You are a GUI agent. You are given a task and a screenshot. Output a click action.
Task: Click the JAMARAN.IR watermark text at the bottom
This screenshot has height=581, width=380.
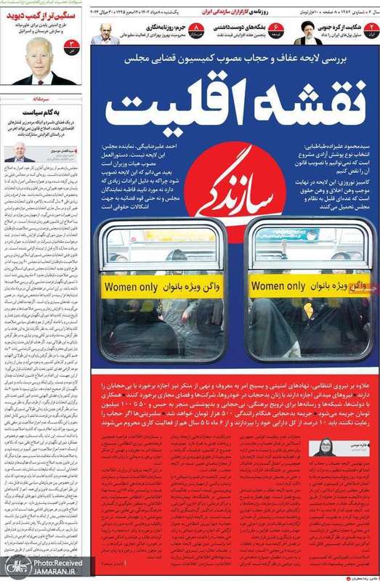click(x=40, y=572)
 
